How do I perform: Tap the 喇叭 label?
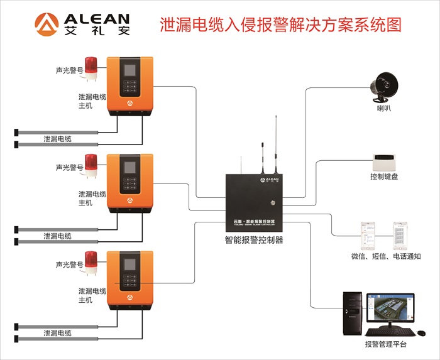[x=383, y=109]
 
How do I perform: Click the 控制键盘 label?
[x=383, y=177]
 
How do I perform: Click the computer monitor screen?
[x=390, y=310]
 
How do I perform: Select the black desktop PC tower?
[x=352, y=313]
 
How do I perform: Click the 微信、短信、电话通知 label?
[x=385, y=256]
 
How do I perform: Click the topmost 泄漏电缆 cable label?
[x=57, y=139]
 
